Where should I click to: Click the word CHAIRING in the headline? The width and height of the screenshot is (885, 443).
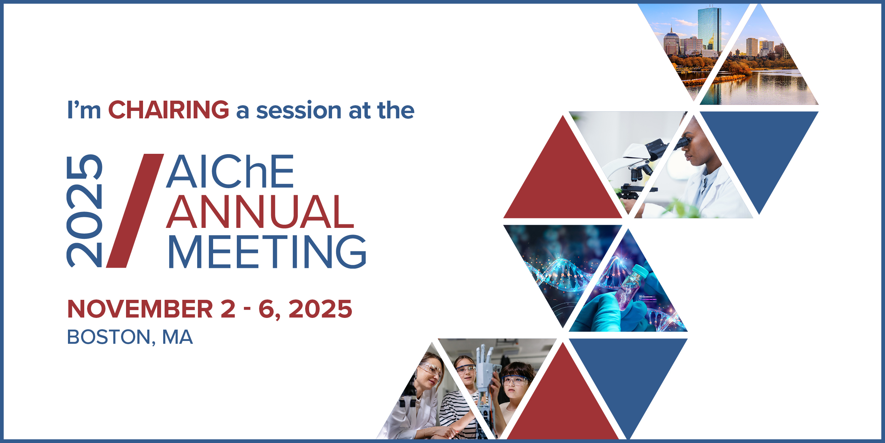point(169,110)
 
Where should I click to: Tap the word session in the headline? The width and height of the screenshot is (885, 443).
point(298,110)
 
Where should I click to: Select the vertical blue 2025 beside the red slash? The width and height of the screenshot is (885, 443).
point(84,211)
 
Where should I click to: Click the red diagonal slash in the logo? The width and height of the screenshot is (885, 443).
point(135,211)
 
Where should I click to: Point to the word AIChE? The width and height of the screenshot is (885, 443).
point(230,171)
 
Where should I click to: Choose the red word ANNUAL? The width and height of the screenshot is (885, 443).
point(260,212)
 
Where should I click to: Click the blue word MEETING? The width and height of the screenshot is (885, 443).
point(267,251)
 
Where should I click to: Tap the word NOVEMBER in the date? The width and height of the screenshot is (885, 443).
point(140,309)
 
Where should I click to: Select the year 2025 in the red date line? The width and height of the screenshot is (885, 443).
point(320,309)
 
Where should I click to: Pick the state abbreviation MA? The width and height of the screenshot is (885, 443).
point(177,337)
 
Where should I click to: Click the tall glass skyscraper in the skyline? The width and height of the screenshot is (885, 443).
point(709,30)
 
